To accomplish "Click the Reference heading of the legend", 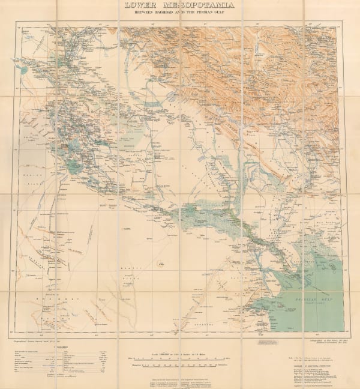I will point(44,348).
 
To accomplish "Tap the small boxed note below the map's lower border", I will point(266,340).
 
